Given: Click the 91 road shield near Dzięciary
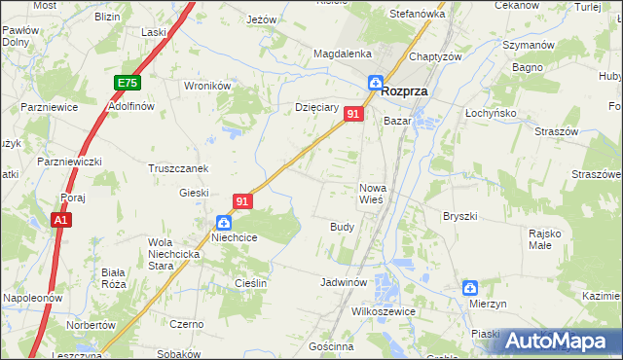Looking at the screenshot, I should (354, 115).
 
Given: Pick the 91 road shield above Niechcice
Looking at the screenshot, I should (243, 201).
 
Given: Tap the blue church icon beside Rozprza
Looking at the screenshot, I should (375, 84).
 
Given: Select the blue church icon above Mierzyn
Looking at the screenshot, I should (470, 288).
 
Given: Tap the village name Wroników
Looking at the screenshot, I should (206, 86).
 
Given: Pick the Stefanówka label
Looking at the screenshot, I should (417, 15).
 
